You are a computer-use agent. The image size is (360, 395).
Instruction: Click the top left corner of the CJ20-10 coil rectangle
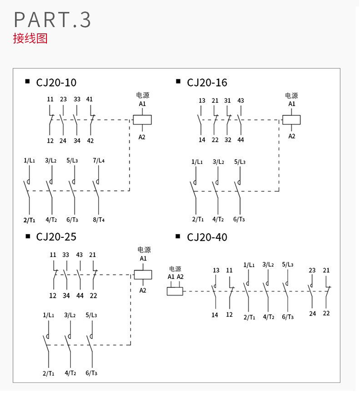coord(133,115)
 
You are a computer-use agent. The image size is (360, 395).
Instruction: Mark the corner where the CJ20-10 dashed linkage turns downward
coord(130,120)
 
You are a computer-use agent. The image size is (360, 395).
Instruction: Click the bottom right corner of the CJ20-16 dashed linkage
coord(279,191)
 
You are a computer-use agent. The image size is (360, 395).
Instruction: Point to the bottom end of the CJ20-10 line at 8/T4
coord(98,215)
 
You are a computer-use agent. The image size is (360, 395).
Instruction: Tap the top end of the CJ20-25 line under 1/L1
coord(48,321)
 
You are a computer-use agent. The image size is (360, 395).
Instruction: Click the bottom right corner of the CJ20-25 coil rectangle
coord(152,279)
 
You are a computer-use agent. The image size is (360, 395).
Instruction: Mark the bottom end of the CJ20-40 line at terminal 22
coord(326,309)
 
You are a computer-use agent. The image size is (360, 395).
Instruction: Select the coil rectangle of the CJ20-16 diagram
coord(291,120)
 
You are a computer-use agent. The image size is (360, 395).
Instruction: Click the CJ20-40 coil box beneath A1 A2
coord(175,291)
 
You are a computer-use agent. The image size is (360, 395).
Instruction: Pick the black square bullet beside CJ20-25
coord(28,236)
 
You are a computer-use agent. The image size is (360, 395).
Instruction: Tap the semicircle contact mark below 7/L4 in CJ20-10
coord(97,181)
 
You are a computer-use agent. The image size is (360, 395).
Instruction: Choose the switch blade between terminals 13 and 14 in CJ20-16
coord(199,121)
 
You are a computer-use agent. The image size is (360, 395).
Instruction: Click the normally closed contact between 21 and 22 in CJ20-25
coord(94,274)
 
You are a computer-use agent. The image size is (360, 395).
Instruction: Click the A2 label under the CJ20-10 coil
coord(142,137)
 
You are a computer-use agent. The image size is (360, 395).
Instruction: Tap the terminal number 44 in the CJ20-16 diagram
coord(240,140)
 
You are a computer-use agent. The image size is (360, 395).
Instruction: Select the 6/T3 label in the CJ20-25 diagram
coord(91,373)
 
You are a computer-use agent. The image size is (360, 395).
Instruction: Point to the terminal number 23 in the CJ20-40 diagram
coord(312,271)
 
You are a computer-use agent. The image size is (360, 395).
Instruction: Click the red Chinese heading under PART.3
coord(30,38)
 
